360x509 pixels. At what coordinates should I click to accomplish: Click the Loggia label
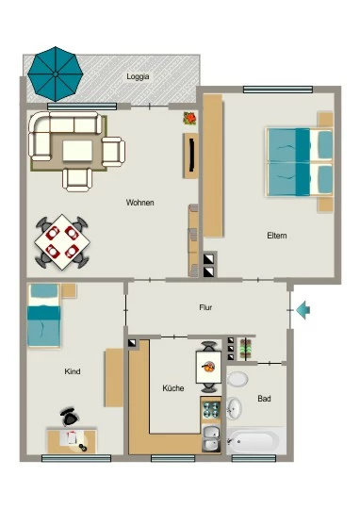pos(138,76)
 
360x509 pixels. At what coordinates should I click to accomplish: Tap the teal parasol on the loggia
pos(56,74)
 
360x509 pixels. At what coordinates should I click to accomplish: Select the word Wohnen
pos(139,203)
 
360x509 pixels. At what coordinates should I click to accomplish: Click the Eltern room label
pos(277,236)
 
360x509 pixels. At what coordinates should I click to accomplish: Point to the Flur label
pos(205,307)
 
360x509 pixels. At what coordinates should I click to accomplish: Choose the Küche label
pos(173,388)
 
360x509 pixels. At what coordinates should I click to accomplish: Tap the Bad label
pos(264,399)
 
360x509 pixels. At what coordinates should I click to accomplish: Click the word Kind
pos(73,371)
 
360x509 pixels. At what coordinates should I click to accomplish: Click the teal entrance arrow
pos(303,310)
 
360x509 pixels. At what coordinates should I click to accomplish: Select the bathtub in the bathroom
pos(253,441)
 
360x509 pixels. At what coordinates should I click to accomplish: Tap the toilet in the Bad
pos(237,379)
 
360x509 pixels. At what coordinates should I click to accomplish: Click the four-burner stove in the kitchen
pos(211,409)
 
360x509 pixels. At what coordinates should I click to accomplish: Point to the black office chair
pos(69,417)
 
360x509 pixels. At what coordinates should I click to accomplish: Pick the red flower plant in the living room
pos(190,118)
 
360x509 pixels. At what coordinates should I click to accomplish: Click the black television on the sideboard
pos(192,156)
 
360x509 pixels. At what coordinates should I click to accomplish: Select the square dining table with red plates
pos(62,242)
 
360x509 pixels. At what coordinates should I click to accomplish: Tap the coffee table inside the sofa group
pos(77,151)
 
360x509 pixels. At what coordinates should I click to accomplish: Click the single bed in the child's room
pos(44,316)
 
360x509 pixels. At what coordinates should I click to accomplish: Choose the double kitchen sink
pos(211,439)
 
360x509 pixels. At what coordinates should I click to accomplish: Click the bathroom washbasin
pos(234,408)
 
